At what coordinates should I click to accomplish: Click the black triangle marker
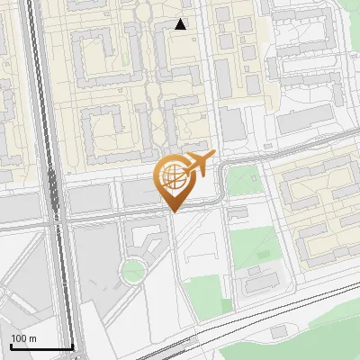(x=181, y=24)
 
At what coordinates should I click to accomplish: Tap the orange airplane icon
(x=199, y=163)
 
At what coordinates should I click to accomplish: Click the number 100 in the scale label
(x=18, y=338)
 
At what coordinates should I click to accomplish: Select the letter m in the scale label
(x=32, y=338)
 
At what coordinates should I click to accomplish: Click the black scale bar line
(x=41, y=347)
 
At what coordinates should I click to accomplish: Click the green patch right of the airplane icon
(x=241, y=180)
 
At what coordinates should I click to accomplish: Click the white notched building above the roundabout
(x=144, y=236)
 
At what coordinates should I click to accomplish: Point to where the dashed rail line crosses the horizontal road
(x=57, y=217)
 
